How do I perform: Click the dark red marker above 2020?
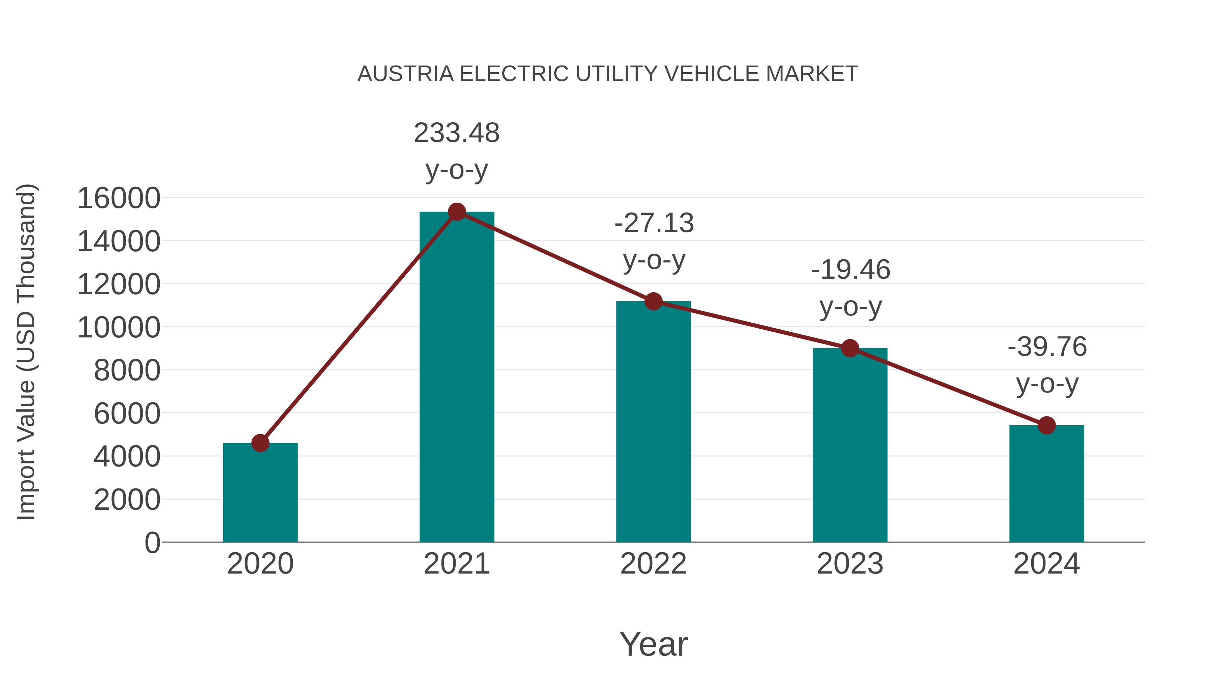(x=260, y=443)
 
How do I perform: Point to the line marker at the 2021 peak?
(x=456, y=212)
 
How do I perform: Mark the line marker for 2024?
(x=1046, y=425)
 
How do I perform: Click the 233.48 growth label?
(x=456, y=133)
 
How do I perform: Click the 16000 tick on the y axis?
(x=119, y=198)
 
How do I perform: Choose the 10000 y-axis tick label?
(x=119, y=327)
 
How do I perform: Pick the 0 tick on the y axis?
(x=152, y=542)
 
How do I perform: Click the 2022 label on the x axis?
(x=653, y=564)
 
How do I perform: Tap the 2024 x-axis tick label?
(x=1046, y=564)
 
